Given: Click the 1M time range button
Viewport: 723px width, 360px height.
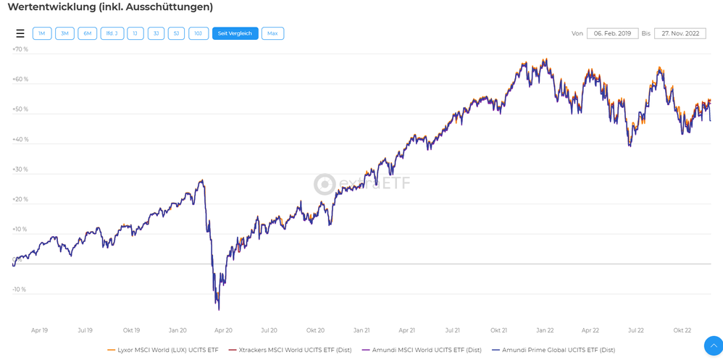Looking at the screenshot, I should tap(42, 33).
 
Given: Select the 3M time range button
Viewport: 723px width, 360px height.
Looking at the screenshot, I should tap(64, 33).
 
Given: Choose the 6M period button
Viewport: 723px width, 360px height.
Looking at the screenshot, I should tap(87, 33).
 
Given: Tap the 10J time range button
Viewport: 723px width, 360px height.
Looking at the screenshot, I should tap(198, 33).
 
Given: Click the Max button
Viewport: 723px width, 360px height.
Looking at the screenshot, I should tap(272, 33).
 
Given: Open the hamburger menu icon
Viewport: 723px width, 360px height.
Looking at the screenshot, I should tap(20, 33).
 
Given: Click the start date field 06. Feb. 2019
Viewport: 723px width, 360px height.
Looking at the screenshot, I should tap(612, 33).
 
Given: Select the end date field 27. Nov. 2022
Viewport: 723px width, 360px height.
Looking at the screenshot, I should tap(680, 33).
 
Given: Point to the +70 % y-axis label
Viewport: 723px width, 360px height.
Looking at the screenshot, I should tap(20, 49).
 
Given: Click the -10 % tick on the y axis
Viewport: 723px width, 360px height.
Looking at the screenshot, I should tap(20, 289).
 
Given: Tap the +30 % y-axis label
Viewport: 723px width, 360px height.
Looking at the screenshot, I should tap(20, 169).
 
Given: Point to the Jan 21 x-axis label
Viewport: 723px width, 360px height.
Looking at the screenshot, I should tap(361, 330).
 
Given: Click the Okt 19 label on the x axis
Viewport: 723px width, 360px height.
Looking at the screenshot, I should tap(131, 330).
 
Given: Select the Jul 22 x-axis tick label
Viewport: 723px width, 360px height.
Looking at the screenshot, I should tap(635, 330).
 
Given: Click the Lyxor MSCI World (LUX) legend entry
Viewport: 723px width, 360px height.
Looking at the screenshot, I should tap(163, 350).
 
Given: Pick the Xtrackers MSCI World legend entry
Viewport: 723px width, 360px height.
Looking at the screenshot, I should tap(291, 350).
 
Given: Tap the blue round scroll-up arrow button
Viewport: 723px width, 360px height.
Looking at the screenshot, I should tap(713, 345).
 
